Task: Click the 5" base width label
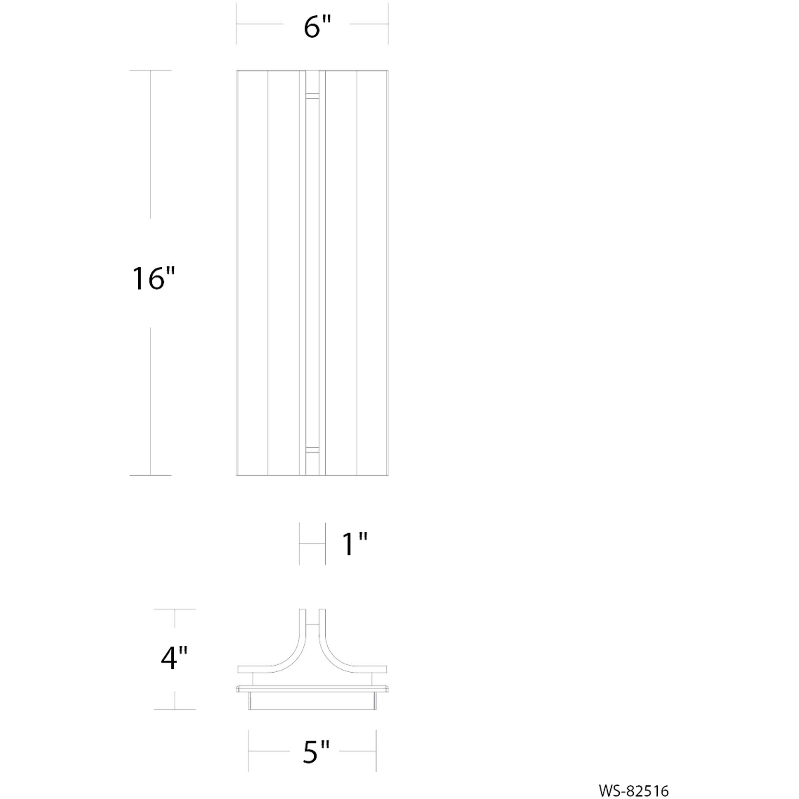coord(316,752)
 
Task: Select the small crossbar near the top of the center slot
coord(312,96)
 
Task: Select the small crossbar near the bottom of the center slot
coord(312,449)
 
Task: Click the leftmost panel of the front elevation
coord(252,273)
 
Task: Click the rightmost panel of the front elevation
coord(372,273)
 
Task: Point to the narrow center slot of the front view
coord(312,273)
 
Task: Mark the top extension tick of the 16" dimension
coord(150,70)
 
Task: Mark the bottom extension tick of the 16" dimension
coord(150,475)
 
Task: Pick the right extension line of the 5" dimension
coord(376,750)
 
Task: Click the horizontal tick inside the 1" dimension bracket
coord(312,544)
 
